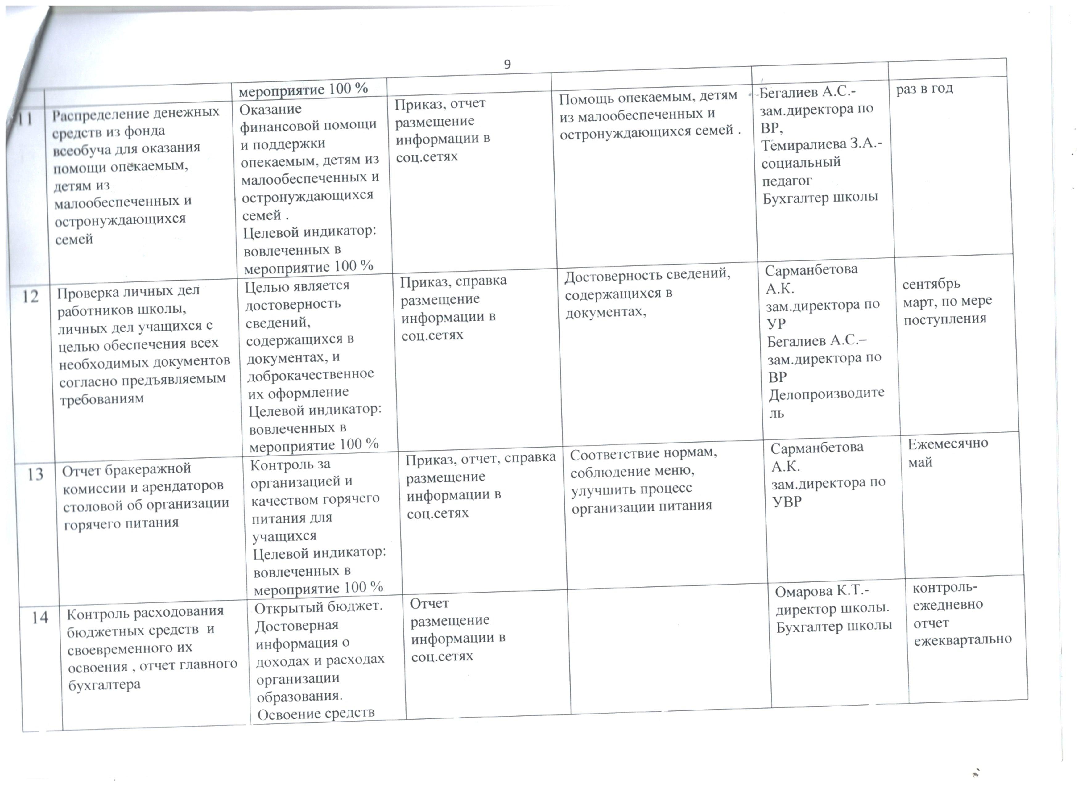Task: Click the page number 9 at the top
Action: pyautogui.click(x=507, y=65)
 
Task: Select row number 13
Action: pyautogui.click(x=35, y=474)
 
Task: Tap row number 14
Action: pyautogui.click(x=40, y=618)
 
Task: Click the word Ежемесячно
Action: pyautogui.click(x=947, y=444)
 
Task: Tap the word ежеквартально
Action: pyautogui.click(x=962, y=639)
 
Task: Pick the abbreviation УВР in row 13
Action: pyautogui.click(x=787, y=502)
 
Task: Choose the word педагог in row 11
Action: pyautogui.click(x=787, y=181)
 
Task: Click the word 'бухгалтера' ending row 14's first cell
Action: pyautogui.click(x=104, y=685)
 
